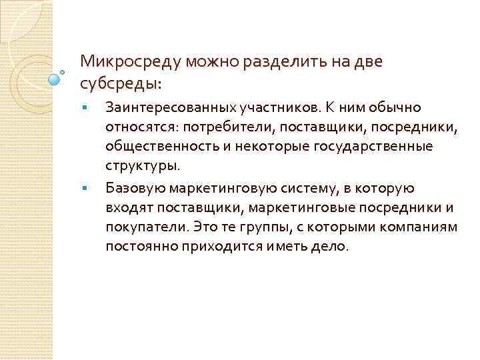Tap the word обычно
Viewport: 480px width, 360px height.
point(395,107)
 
